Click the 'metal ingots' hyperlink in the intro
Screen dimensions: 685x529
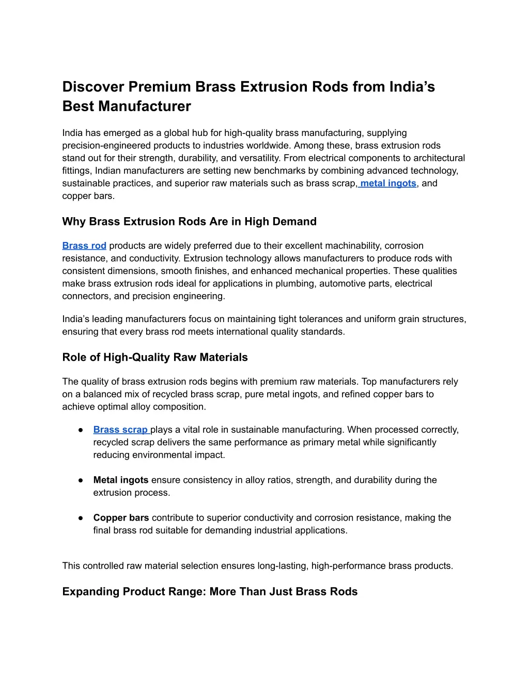388,184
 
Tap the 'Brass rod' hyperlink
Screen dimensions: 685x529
84,246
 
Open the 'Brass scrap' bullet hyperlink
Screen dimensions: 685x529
120,430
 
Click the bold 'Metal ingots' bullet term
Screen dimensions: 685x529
121,480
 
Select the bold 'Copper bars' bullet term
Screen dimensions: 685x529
121,518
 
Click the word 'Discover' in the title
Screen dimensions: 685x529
93,87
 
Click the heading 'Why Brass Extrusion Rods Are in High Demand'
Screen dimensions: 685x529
189,222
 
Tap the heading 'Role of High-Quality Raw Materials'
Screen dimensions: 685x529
155,358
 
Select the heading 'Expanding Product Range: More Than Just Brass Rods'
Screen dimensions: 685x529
210,592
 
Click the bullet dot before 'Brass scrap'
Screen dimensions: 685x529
81,430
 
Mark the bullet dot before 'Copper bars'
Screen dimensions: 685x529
81,518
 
